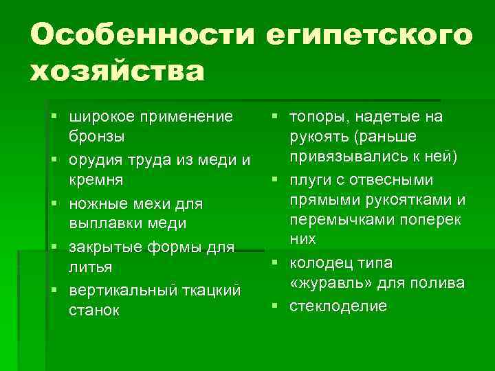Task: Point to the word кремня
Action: [96, 181]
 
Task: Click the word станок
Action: [93, 311]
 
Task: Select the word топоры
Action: [320, 116]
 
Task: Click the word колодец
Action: [322, 263]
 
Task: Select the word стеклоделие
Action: [338, 306]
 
